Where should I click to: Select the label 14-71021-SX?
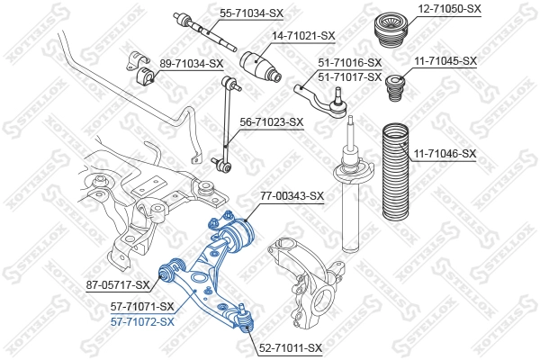tap(303, 35)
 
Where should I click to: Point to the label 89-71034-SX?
tap(191, 63)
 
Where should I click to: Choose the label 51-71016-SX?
tap(350, 63)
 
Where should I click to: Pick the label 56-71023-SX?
tap(271, 121)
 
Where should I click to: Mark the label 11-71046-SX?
tap(445, 154)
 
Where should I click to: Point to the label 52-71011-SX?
tap(290, 346)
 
